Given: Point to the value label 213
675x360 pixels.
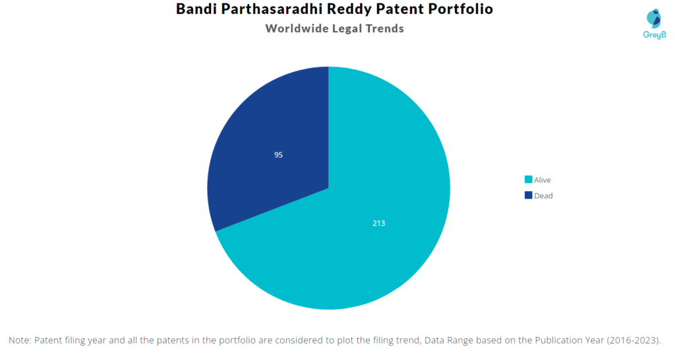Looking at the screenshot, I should [x=378, y=224].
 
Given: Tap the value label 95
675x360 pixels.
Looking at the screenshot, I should [x=279, y=155].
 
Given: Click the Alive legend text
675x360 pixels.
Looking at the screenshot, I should [x=543, y=180].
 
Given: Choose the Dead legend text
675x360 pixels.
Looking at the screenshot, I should [x=543, y=196].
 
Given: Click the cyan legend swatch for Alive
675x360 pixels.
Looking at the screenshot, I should [x=528, y=180].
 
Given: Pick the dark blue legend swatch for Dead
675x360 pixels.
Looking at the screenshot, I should [x=528, y=196].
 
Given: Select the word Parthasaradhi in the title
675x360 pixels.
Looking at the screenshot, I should [x=274, y=10].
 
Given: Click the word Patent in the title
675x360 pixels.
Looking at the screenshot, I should [x=403, y=10].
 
